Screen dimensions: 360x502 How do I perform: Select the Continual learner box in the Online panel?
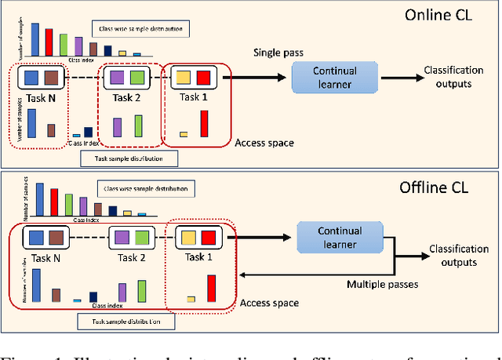tap(329, 77)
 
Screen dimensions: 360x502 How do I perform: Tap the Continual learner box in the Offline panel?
tap(339, 237)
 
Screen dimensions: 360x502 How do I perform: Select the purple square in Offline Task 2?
tap(120, 237)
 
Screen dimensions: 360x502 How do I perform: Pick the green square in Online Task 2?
tap(137, 78)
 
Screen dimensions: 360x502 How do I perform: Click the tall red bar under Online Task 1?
tap(206, 124)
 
